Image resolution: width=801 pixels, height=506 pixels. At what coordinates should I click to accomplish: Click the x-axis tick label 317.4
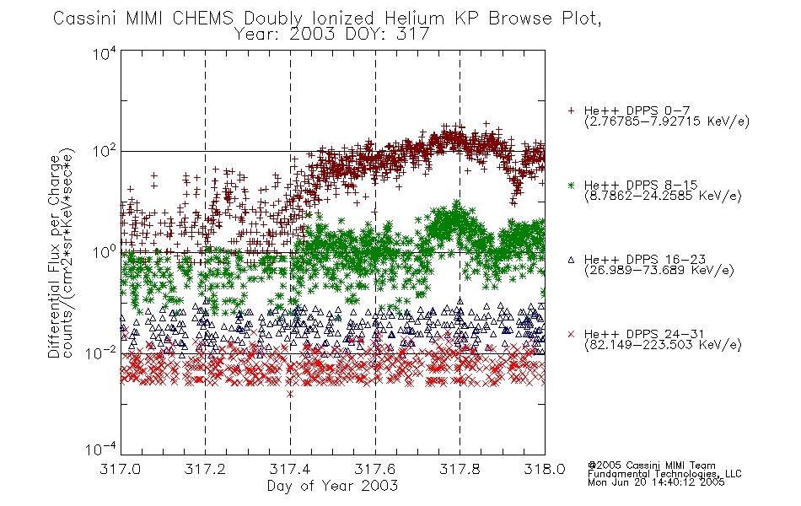point(290,469)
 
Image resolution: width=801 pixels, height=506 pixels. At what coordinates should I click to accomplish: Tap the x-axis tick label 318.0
point(545,469)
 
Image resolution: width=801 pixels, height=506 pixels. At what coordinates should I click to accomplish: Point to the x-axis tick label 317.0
point(121,469)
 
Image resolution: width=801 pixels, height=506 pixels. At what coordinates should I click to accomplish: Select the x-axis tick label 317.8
point(460,469)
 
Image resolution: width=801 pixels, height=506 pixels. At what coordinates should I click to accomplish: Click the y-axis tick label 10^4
point(105,53)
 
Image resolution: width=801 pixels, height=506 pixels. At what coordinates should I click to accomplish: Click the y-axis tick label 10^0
point(105,252)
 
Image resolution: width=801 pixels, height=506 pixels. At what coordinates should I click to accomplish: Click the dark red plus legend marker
point(571,110)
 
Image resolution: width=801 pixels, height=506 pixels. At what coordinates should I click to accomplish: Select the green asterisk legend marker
point(571,185)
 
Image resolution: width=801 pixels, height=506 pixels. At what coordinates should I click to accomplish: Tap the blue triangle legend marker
point(571,260)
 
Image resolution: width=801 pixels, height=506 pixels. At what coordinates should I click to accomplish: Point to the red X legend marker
point(571,334)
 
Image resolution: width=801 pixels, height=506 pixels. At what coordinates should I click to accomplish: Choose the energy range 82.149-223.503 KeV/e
point(663,345)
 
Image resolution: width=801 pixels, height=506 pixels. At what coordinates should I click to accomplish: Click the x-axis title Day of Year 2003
point(332,486)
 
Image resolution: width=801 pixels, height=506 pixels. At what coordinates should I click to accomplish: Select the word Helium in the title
point(414,19)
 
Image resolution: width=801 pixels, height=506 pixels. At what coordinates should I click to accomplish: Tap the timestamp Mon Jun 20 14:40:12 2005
point(656,482)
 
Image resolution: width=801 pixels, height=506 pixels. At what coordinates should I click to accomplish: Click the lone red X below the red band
point(290,394)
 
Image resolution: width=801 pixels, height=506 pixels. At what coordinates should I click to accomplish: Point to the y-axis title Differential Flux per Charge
point(54,256)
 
